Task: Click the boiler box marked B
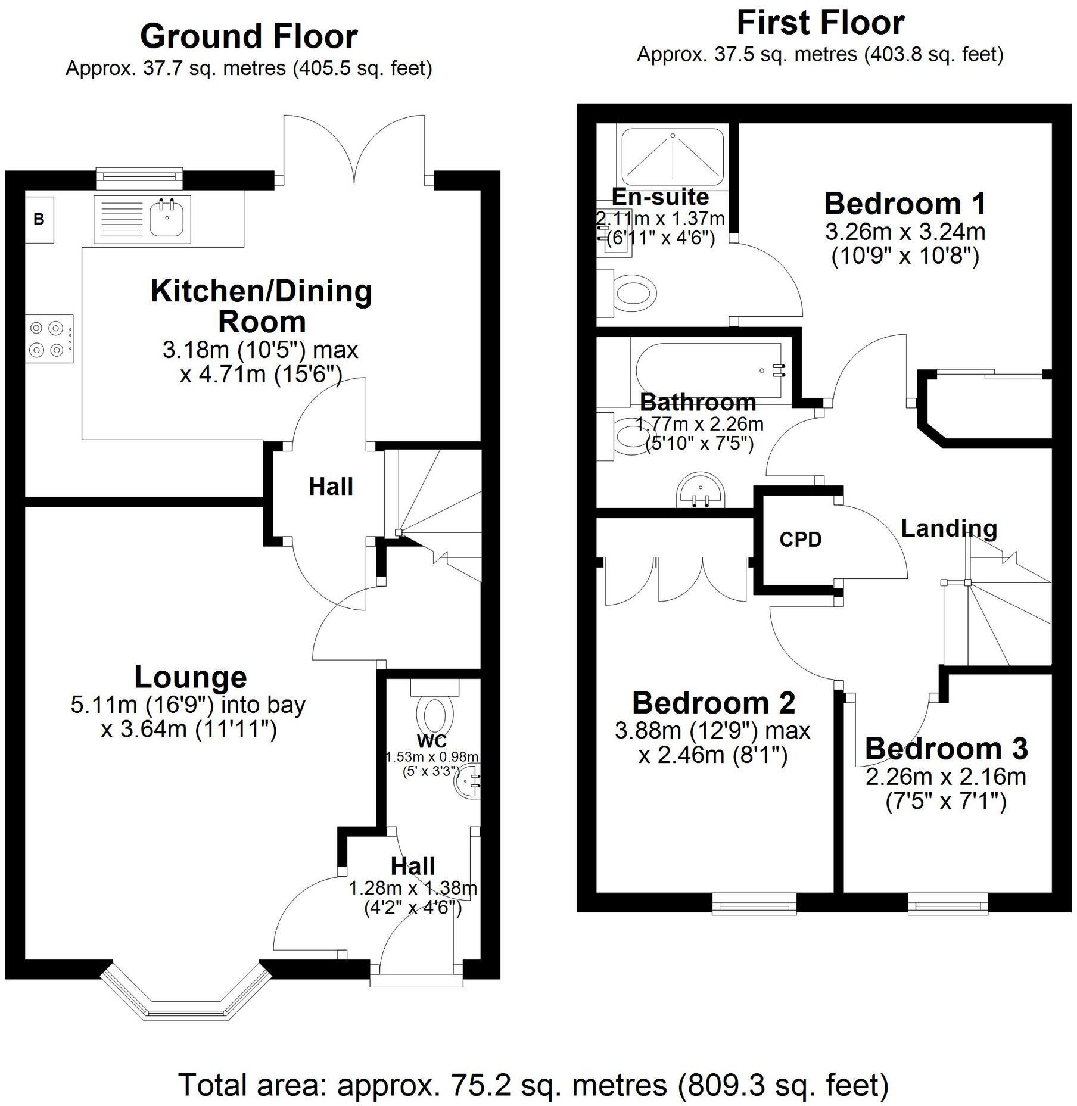tap(39, 219)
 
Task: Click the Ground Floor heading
tap(248, 36)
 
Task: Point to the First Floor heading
tap(820, 23)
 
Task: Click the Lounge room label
tap(190, 677)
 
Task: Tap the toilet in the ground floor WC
tap(435, 712)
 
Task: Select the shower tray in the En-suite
tap(673, 157)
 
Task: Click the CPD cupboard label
tap(800, 540)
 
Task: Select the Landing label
tap(948, 528)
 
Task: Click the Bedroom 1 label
tap(905, 204)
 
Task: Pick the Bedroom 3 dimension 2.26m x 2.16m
tap(945, 777)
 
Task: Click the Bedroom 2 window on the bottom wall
tap(755, 906)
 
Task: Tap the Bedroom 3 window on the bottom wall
tap(948, 906)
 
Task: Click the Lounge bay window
tap(184, 1001)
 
